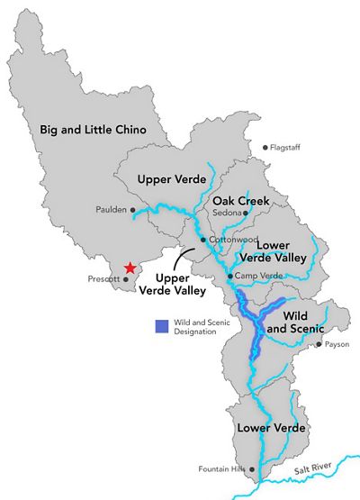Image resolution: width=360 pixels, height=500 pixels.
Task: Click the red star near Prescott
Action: [x=130, y=268]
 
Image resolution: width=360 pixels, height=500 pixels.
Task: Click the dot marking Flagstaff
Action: [x=265, y=148]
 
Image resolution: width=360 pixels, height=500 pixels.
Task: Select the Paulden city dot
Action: [x=132, y=210]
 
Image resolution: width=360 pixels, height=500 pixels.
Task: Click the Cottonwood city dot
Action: [x=203, y=241]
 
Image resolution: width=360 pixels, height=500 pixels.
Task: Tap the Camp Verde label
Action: [x=252, y=276]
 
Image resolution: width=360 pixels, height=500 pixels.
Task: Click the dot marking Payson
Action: [x=319, y=343]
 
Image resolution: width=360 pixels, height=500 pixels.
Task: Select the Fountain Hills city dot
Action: [x=252, y=469]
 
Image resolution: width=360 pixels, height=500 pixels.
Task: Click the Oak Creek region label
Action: [x=238, y=200]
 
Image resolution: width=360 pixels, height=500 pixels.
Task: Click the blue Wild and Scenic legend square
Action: [x=161, y=326]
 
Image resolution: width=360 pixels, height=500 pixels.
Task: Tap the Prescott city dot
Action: [x=125, y=279]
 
